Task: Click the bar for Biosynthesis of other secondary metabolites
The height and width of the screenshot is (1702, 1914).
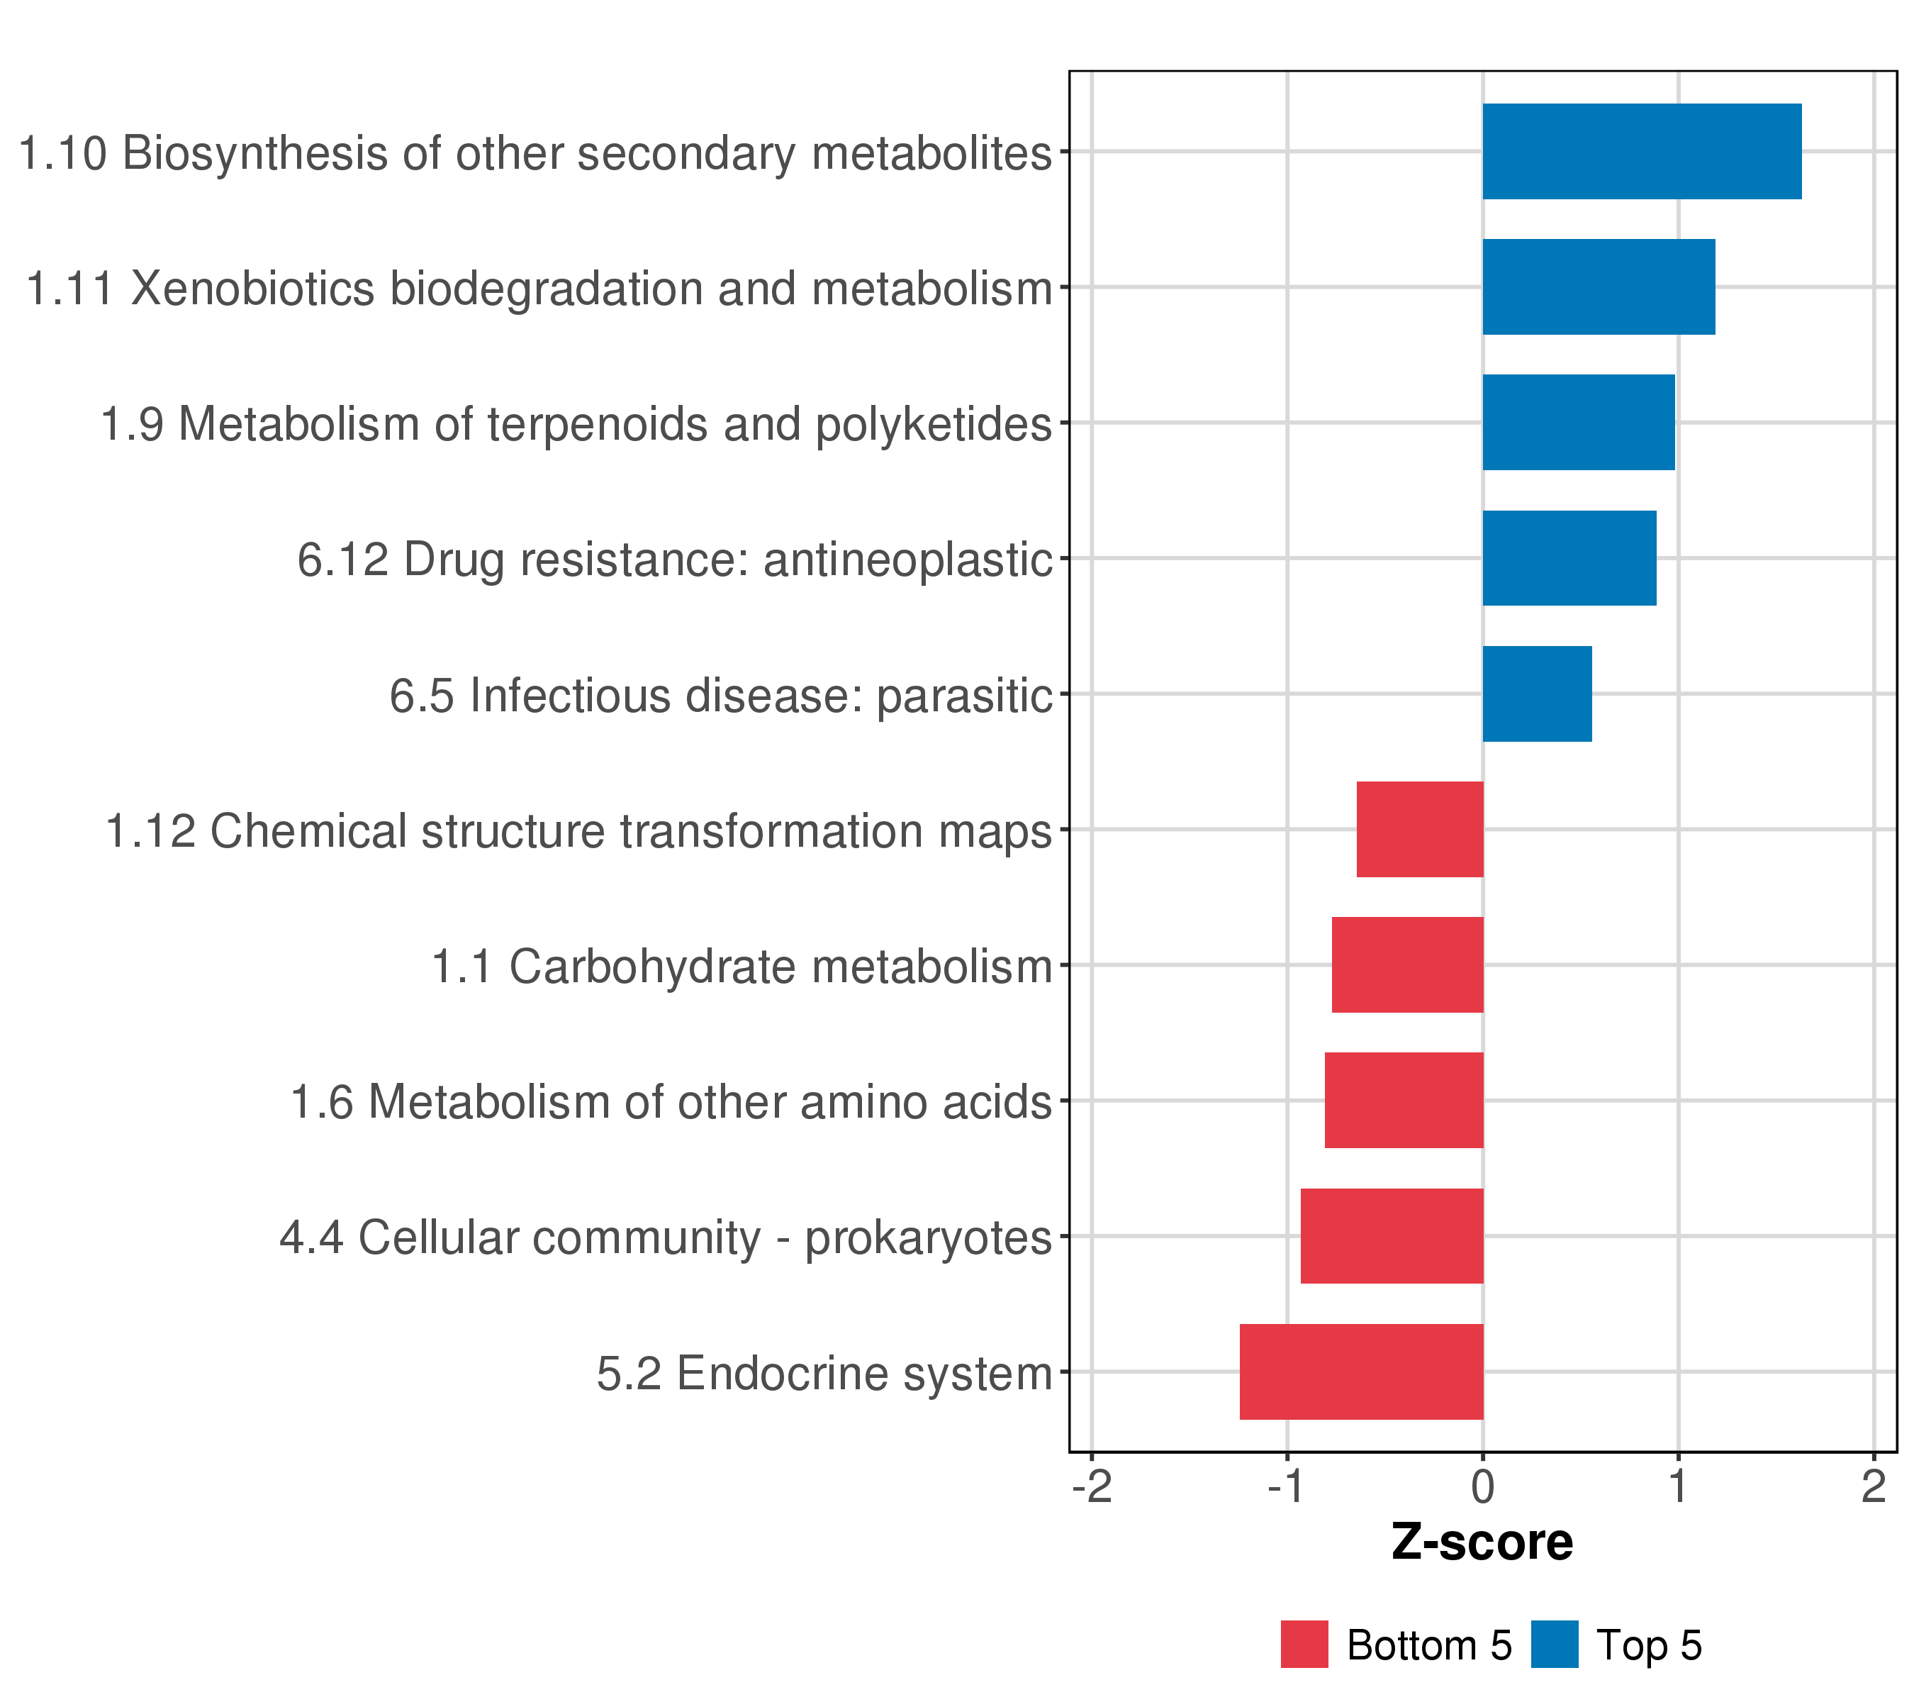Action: [1642, 152]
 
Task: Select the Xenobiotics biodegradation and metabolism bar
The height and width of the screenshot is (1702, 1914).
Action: [1599, 287]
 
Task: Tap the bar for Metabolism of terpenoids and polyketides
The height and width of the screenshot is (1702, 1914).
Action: [1579, 423]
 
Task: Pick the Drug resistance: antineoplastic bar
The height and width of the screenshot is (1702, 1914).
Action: [1569, 558]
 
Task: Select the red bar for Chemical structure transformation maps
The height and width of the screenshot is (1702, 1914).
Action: [1420, 829]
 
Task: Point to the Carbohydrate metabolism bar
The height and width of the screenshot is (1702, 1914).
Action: [1407, 964]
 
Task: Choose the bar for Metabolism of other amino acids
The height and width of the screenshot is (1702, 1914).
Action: [1404, 1101]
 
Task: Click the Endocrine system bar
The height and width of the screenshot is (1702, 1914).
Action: [1362, 1372]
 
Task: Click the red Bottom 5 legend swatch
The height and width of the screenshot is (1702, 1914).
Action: [1304, 1644]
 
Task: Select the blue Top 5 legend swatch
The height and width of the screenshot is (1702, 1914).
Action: [1555, 1644]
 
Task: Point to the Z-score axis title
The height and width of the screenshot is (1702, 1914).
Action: [1482, 1542]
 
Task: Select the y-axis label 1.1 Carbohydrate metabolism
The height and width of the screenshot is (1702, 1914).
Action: [741, 967]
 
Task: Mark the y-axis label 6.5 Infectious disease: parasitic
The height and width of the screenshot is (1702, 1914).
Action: [721, 696]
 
